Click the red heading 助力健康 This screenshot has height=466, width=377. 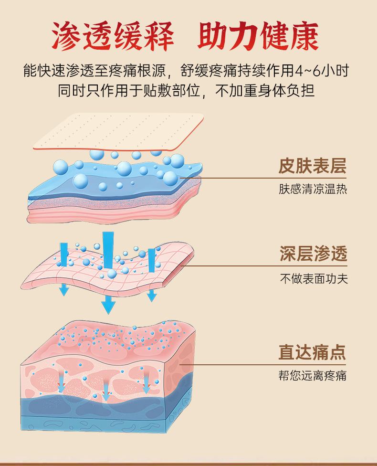[258, 36]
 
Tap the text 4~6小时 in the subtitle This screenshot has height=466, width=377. [322, 71]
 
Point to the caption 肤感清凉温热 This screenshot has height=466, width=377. [313, 190]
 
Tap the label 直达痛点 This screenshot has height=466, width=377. [313, 352]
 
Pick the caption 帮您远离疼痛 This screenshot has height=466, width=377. [313, 376]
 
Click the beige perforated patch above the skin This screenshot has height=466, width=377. [119, 130]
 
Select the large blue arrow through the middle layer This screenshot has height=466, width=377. [109, 267]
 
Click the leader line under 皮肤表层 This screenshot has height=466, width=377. [267, 179]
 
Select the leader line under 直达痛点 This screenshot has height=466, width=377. [267, 365]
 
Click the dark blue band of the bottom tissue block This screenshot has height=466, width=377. [95, 403]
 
